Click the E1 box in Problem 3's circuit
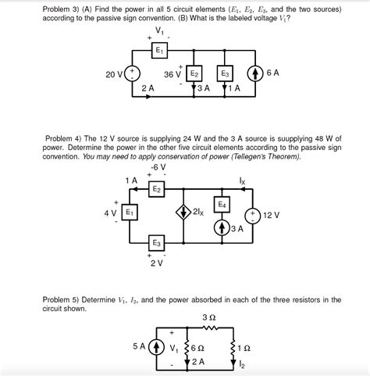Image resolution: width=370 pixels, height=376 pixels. click(x=159, y=50)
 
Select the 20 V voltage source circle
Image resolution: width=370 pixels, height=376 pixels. click(x=133, y=74)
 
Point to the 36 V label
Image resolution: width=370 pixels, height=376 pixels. click(x=173, y=75)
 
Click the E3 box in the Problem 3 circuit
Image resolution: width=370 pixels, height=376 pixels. click(x=226, y=74)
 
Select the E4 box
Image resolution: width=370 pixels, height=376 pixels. click(x=222, y=205)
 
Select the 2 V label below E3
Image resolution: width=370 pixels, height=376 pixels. click(x=156, y=263)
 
